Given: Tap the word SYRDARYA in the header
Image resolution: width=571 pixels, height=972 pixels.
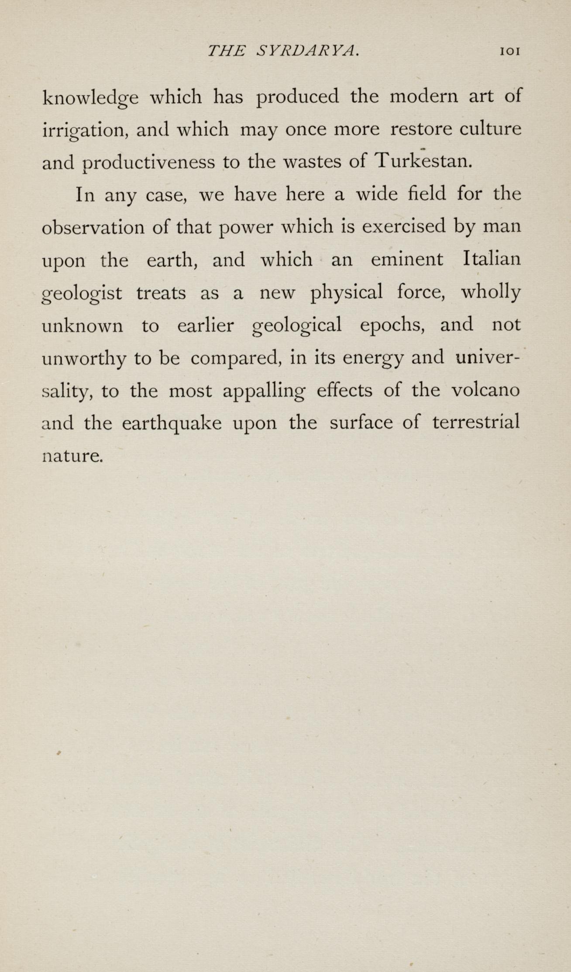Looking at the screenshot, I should (308, 51).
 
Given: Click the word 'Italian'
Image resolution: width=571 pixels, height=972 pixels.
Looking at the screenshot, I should (492, 259).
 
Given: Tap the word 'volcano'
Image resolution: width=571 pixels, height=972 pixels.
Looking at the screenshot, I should (485, 390).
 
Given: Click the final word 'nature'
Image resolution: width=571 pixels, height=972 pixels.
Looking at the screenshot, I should (72, 456).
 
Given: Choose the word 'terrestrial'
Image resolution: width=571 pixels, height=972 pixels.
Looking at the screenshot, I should (476, 422).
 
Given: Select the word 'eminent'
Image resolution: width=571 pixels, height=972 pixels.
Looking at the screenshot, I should (407, 259).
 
